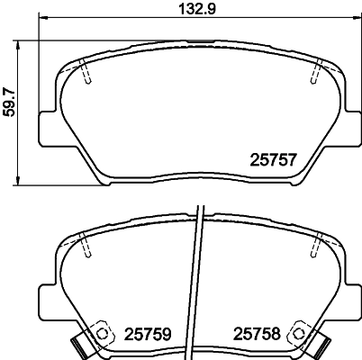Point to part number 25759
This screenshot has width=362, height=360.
pos(149,334)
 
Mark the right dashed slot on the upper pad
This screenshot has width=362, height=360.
pos(315,73)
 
